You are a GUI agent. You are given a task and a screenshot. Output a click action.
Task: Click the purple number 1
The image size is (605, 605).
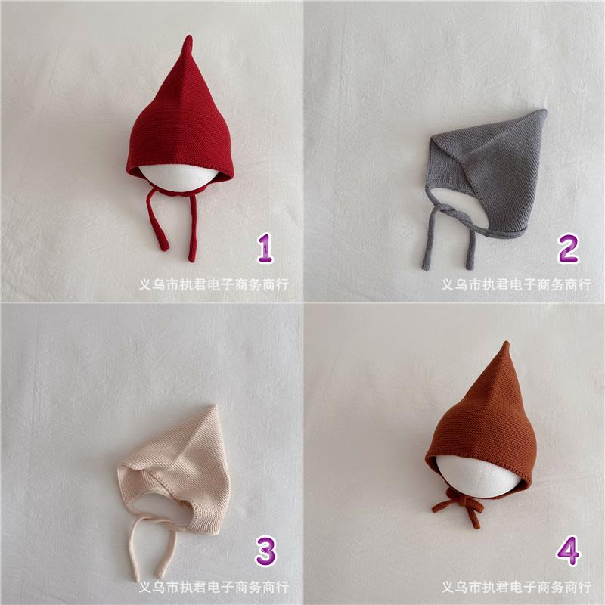(x=265, y=248)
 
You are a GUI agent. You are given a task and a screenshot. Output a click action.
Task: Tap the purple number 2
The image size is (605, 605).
(x=568, y=248)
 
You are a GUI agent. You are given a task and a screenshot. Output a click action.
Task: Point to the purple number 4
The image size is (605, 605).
(x=568, y=551)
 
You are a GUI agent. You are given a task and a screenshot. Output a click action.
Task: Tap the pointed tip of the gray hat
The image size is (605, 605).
(x=544, y=111)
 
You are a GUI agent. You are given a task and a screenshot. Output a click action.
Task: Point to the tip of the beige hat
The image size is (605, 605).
(x=213, y=406)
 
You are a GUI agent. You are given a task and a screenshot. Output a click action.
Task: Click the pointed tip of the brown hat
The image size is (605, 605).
(x=506, y=343)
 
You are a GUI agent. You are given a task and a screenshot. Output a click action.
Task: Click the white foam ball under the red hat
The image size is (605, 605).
(x=178, y=178)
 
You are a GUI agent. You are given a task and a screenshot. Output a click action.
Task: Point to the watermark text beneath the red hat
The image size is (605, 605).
(x=214, y=285)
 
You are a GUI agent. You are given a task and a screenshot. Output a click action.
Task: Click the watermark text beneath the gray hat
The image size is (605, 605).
(x=517, y=285)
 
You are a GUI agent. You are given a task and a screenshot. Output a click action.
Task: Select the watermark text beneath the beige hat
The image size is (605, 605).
(x=214, y=587)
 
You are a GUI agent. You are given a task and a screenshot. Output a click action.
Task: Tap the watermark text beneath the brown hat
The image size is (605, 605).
(x=517, y=587)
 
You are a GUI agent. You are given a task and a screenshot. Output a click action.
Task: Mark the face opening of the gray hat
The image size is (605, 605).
(x=455, y=206)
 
